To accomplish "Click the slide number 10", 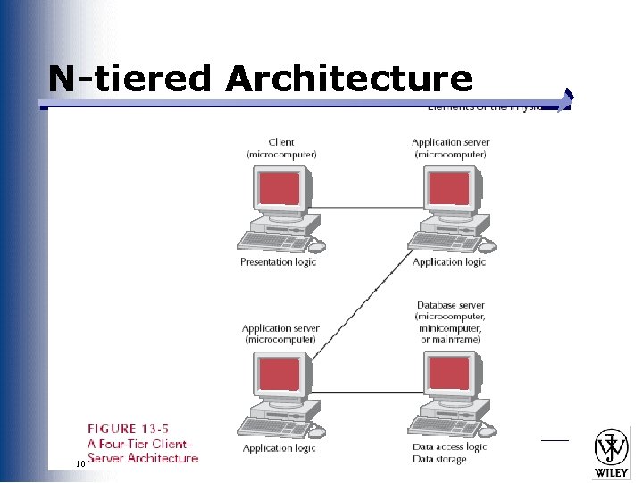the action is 80,463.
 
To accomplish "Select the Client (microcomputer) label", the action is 281,148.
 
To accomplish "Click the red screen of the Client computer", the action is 279,188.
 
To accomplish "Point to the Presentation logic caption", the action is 278,262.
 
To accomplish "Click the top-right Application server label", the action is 450,148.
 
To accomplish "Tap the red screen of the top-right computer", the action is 448,188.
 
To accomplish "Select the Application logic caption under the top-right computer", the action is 449,262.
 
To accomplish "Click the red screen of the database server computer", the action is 448,374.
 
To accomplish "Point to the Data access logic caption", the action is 449,447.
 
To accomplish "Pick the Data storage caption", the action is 439,460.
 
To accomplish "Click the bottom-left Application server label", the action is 280,334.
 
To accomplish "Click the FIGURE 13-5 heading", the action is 125,428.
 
